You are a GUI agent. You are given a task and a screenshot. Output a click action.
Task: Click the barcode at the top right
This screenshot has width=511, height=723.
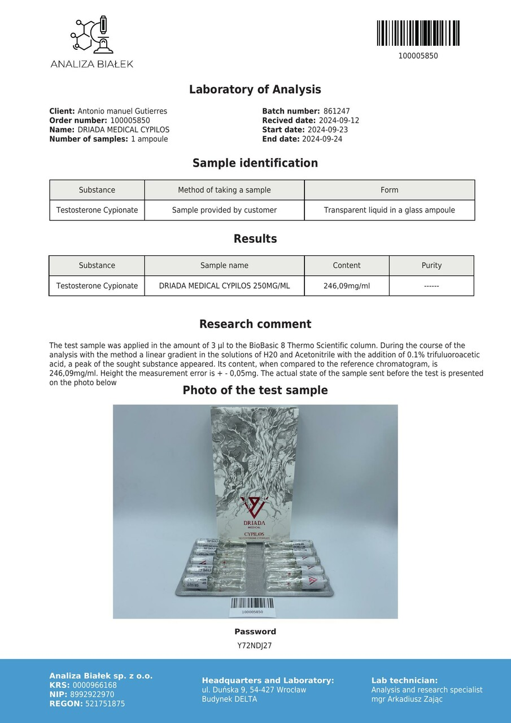pyautogui.click(x=418, y=33)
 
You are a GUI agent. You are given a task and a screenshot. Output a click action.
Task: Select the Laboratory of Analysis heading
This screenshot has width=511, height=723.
pyautogui.click(x=255, y=89)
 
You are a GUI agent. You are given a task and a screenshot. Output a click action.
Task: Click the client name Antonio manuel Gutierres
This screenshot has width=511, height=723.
pyautogui.click(x=122, y=111)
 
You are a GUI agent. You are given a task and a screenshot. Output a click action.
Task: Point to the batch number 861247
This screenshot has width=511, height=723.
pyautogui.click(x=337, y=111)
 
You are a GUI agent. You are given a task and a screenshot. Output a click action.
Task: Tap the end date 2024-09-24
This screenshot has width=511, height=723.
pyautogui.click(x=322, y=139)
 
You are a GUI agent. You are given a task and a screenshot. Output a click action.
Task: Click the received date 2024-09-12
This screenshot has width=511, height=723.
pyautogui.click(x=339, y=120)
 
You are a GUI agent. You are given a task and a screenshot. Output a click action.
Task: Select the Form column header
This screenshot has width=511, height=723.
pyautogui.click(x=389, y=190)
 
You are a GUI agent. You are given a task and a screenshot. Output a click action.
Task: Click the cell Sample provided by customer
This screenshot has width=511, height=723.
pyautogui.click(x=224, y=210)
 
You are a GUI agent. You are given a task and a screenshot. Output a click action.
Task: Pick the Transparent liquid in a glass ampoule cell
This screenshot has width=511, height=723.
pyautogui.click(x=389, y=210)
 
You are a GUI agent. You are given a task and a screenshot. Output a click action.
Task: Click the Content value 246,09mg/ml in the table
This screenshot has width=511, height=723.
pyautogui.click(x=347, y=286)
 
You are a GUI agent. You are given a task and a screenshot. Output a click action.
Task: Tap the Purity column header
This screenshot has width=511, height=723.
pyautogui.click(x=431, y=265)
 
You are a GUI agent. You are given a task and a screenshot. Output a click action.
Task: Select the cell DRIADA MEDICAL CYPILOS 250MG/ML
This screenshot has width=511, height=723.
pyautogui.click(x=224, y=286)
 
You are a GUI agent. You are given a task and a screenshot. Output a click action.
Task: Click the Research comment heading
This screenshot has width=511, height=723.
pyautogui.click(x=255, y=324)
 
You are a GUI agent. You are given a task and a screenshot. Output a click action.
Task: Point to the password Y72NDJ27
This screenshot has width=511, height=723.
pyautogui.click(x=255, y=646)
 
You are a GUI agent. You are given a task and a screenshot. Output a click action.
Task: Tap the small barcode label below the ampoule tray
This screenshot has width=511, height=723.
pyautogui.click(x=252, y=606)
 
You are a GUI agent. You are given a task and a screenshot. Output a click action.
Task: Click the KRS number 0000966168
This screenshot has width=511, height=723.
pyautogui.click(x=94, y=685)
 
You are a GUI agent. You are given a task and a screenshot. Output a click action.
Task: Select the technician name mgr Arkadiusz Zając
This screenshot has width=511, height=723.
pyautogui.click(x=407, y=699)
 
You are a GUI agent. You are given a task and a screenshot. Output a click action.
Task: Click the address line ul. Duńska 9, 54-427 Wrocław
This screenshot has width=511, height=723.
pyautogui.click(x=254, y=690)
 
